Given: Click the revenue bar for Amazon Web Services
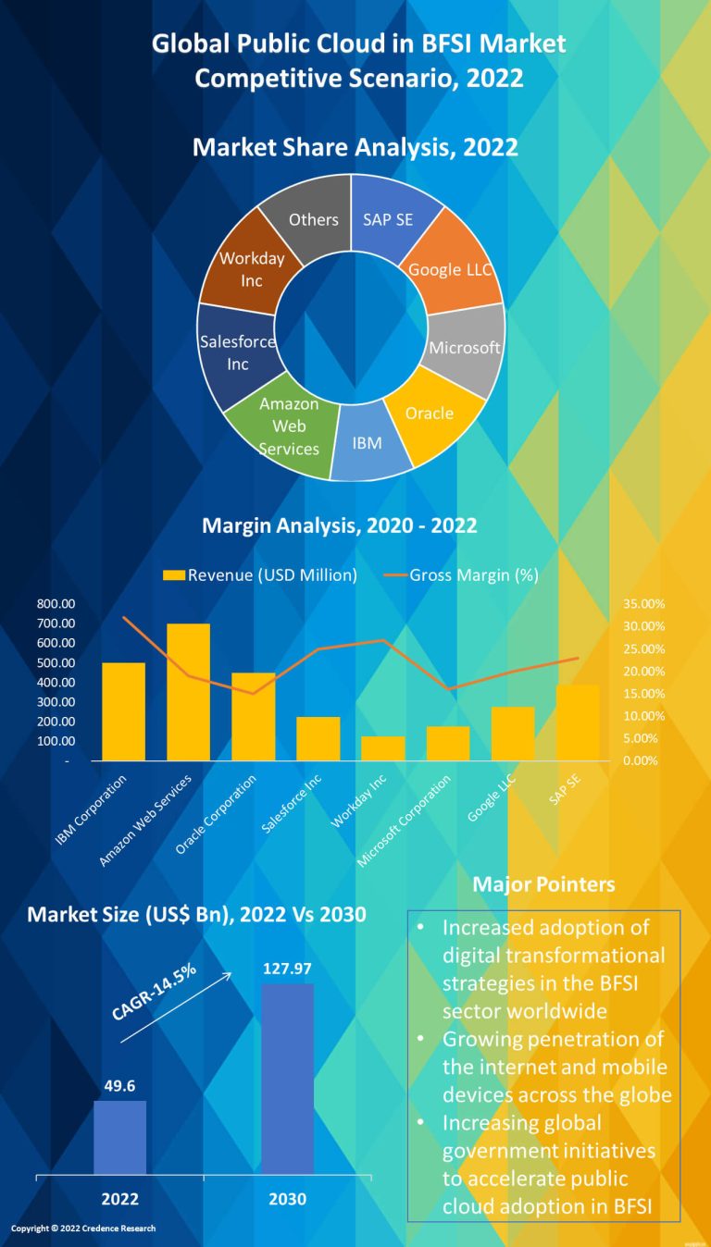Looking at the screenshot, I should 188,692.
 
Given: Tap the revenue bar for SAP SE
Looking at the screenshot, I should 577,722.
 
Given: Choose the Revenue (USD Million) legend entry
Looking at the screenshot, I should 260,574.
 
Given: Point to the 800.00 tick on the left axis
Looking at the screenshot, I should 56,603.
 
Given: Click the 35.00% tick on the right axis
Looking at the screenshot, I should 644,603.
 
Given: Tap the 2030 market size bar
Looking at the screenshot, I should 287,1079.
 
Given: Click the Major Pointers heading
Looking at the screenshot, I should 543,884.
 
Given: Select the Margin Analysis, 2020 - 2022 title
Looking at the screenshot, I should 340,526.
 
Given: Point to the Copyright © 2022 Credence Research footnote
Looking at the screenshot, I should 83,1228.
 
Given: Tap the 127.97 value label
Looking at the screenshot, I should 287,968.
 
